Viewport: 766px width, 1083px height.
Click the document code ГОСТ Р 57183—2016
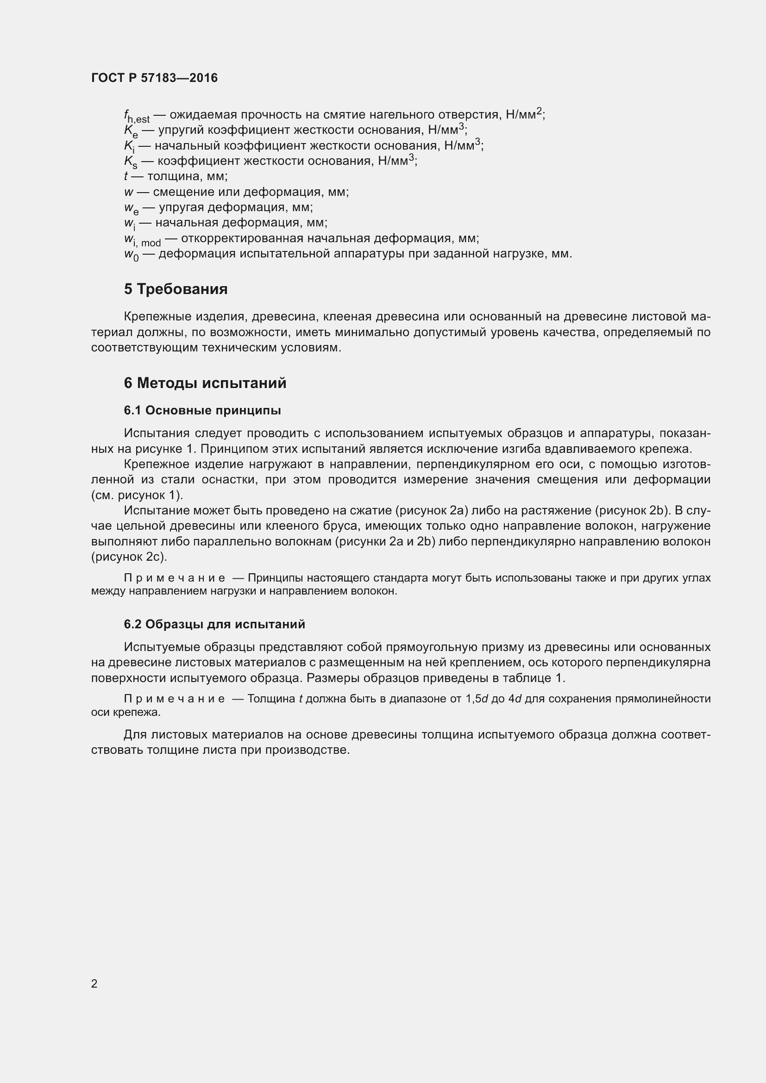[154, 78]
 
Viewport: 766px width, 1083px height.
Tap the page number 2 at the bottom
[94, 983]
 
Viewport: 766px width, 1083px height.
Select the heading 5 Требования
[176, 289]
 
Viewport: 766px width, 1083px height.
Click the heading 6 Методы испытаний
[205, 383]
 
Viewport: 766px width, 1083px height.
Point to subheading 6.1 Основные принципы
[202, 410]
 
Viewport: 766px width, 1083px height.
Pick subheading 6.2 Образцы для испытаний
[214, 624]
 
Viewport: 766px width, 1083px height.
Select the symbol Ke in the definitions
[131, 131]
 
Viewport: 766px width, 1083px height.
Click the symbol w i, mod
[142, 240]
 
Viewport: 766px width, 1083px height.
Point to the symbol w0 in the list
[131, 255]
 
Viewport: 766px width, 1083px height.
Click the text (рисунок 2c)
[129, 557]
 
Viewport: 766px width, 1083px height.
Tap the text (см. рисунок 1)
[137, 495]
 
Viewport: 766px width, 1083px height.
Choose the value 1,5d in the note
[477, 699]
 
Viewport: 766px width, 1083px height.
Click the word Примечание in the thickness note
[174, 699]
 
